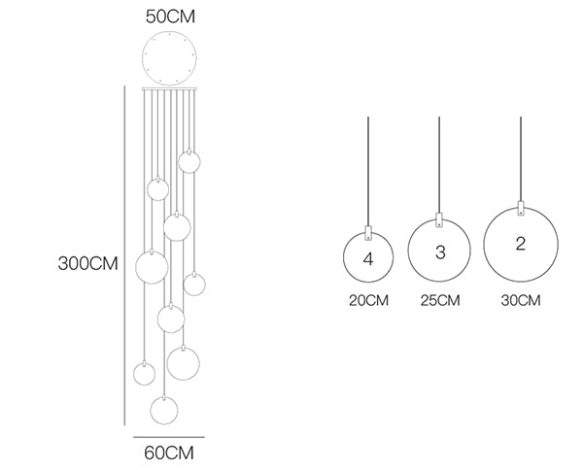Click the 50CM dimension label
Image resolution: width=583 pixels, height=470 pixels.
coord(170,17)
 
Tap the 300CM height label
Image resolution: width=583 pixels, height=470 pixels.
coord(87,263)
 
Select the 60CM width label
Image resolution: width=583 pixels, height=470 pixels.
coord(169,453)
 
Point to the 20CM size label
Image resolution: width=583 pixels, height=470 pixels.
coord(368,300)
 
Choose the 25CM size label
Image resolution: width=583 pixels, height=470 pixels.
coord(440,300)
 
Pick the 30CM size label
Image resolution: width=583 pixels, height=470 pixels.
coord(521,300)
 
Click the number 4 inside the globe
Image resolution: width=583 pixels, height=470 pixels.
coord(368,259)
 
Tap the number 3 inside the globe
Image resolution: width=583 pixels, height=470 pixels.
coord(440,252)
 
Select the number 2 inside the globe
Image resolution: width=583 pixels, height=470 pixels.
coord(521,244)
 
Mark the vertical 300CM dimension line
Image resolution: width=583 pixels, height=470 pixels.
coord(124,255)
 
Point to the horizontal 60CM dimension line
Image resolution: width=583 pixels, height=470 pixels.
coord(169,437)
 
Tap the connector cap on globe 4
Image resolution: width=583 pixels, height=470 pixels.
coord(368,232)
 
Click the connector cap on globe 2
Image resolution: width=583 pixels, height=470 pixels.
coord(521,208)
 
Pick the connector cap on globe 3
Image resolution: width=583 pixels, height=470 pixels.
coord(439,219)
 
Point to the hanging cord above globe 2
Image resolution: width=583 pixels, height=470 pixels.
coord(521,159)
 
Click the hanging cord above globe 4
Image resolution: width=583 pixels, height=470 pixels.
coord(368,171)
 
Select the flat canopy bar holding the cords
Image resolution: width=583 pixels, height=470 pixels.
coord(169,89)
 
